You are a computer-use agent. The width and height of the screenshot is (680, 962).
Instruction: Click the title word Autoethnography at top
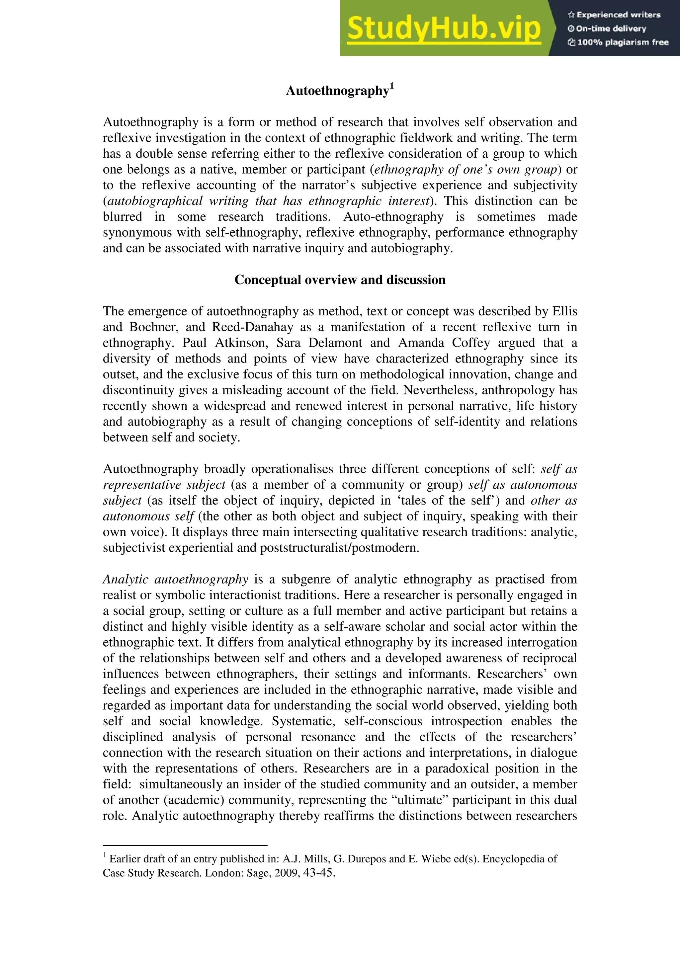337,91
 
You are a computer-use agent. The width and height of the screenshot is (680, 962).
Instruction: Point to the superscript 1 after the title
392,86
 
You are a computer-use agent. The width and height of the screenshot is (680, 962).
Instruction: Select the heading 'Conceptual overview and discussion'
340,280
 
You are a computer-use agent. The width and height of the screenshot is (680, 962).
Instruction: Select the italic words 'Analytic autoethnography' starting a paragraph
176,580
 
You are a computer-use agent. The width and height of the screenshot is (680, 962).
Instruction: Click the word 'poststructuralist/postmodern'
339,548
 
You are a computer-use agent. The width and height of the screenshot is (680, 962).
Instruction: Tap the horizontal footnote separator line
185,845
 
